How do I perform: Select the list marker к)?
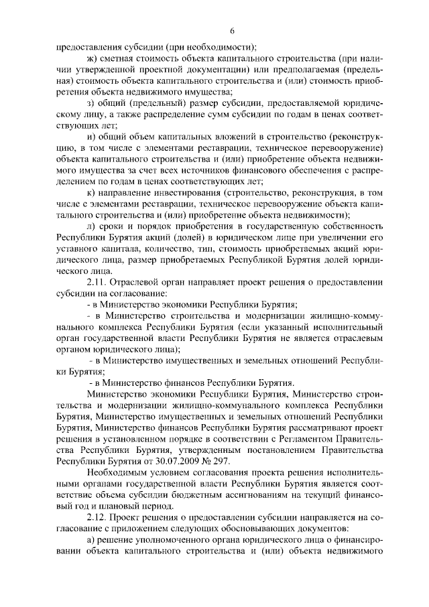point(92,192)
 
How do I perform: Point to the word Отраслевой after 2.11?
point(138,282)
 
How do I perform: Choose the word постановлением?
point(274,451)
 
